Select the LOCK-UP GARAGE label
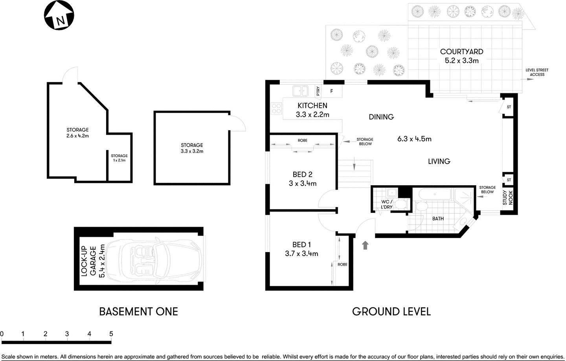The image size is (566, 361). pyautogui.click(x=93, y=261)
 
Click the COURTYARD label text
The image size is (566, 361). pyautogui.click(x=461, y=52)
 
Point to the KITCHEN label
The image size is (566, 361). pyautogui.click(x=312, y=105)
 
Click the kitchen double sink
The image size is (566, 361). pyautogui.click(x=300, y=91)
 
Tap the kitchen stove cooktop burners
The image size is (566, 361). pyautogui.click(x=276, y=108)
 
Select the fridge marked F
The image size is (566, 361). pyautogui.click(x=332, y=91)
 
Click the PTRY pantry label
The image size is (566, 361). pyautogui.click(x=318, y=91)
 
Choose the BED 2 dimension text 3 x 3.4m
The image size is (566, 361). pyautogui.click(x=302, y=183)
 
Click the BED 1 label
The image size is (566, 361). pyautogui.click(x=301, y=245)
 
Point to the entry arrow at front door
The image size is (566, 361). pyautogui.click(x=365, y=245)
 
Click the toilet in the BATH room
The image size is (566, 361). pyautogui.click(x=421, y=208)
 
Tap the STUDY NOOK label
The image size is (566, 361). pyautogui.click(x=508, y=197)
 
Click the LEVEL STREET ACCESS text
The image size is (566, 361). pyautogui.click(x=537, y=72)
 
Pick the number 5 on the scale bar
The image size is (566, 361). pyautogui.click(x=111, y=334)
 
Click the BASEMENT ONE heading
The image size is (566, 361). pyautogui.click(x=138, y=312)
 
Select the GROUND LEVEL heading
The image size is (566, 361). pyautogui.click(x=391, y=312)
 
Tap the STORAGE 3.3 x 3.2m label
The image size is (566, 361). pyautogui.click(x=192, y=148)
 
